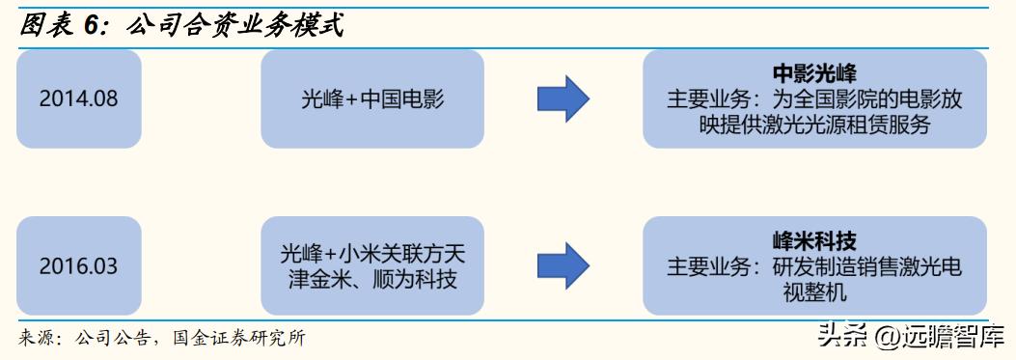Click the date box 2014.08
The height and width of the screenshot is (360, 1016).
[x=79, y=98]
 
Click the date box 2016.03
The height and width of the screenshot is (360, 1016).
[x=79, y=265]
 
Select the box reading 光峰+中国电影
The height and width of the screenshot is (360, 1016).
[x=371, y=98]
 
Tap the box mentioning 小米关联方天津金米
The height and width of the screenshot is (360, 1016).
[x=371, y=265]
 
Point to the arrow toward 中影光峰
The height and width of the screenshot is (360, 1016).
[x=563, y=98]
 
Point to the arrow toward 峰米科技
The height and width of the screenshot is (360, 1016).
[x=563, y=265]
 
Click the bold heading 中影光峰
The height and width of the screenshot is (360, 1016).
[x=814, y=73]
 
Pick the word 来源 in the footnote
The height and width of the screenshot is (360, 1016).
[x=37, y=338]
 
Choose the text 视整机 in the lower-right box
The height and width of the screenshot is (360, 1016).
[x=814, y=292]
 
